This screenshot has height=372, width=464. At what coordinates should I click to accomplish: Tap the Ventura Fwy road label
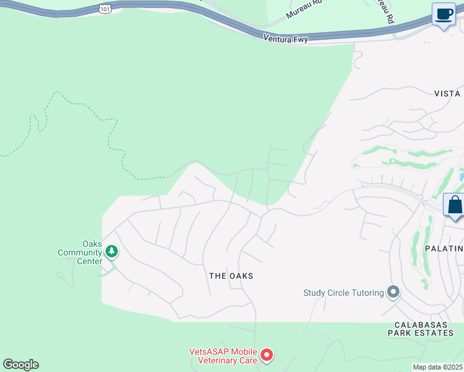pos(286,38)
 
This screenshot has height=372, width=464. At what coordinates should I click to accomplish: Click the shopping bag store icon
pos(455,205)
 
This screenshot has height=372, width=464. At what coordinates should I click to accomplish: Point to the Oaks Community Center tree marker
pos(112,251)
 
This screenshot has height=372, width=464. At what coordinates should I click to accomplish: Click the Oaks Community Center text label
pos(79,252)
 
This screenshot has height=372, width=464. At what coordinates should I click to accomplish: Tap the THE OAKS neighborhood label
pos(231,276)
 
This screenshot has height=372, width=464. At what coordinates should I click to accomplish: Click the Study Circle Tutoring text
pos(343,293)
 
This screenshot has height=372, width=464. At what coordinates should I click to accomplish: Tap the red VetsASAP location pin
pos(267,355)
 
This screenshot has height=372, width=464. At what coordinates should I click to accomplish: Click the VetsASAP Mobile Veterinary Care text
pos(223,355)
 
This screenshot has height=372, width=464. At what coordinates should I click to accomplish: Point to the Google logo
pos(20,365)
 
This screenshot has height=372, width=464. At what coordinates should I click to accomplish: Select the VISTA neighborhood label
pos(447,94)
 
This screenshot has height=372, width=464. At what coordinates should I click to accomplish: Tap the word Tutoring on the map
pos(365,293)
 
